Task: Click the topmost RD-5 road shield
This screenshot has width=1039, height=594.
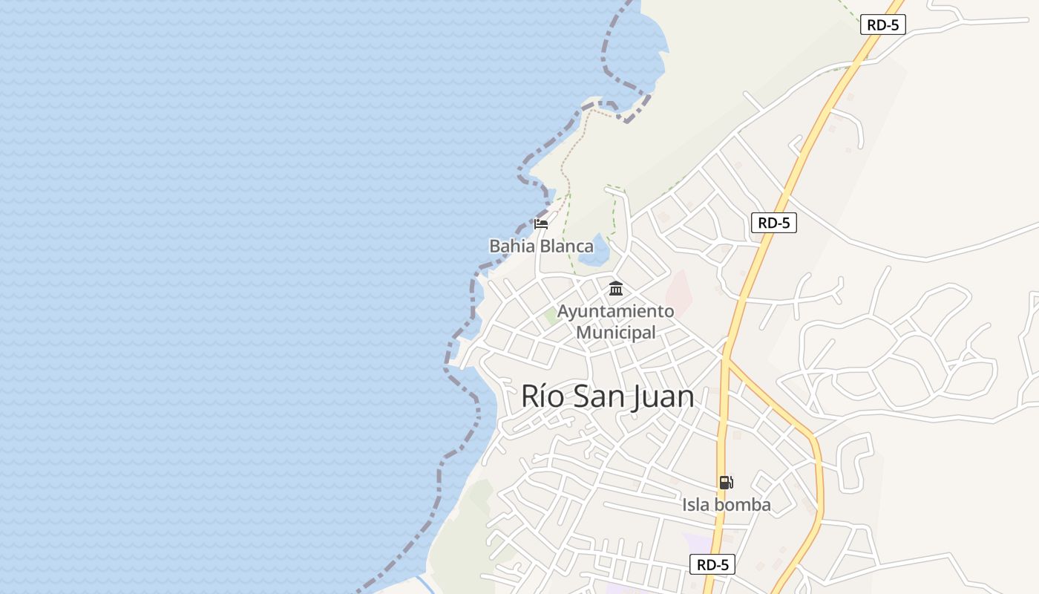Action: [883, 25]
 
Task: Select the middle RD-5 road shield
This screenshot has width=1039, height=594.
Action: [773, 223]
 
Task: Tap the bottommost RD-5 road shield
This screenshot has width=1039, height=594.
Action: [712, 564]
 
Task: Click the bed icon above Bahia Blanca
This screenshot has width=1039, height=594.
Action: [541, 223]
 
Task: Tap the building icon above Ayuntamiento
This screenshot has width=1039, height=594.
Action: [616, 289]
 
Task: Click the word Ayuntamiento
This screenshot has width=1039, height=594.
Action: [616, 311]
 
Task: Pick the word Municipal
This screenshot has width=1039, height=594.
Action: [616, 333]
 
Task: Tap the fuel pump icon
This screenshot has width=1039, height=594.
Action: [726, 483]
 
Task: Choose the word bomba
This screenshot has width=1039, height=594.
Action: [743, 506]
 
